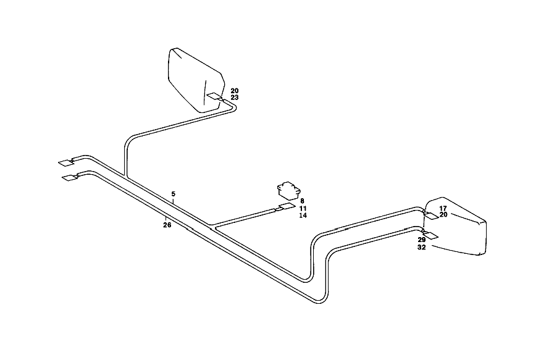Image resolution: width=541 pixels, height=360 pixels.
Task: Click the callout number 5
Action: point(173,194)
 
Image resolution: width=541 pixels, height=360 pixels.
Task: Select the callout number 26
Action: point(167,225)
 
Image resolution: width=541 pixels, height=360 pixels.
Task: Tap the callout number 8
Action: point(302,201)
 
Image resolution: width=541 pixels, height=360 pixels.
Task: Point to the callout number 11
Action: point(303,208)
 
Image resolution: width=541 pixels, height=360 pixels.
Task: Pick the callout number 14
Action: point(303,215)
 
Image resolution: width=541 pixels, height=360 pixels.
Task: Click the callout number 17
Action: point(443,208)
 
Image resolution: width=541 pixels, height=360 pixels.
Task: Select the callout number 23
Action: point(235,98)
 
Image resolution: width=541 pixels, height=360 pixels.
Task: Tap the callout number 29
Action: point(422,240)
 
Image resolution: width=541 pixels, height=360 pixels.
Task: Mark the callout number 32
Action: point(422,247)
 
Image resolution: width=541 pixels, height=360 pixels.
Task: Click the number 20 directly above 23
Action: point(235,91)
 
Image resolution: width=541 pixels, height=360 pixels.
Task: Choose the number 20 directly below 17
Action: point(443,214)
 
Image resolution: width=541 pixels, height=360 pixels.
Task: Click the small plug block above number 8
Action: point(289,190)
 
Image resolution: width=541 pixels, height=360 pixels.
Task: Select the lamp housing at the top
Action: point(196,80)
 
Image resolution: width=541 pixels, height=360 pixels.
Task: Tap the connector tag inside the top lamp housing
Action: point(214,96)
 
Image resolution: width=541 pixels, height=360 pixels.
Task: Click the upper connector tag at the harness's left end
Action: point(65,163)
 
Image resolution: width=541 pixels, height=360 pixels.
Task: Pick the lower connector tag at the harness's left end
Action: point(70,178)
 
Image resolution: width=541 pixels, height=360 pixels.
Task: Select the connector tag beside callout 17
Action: point(431,216)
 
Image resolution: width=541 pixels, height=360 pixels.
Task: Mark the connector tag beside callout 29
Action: point(430,235)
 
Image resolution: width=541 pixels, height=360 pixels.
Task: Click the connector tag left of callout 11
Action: point(287,206)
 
